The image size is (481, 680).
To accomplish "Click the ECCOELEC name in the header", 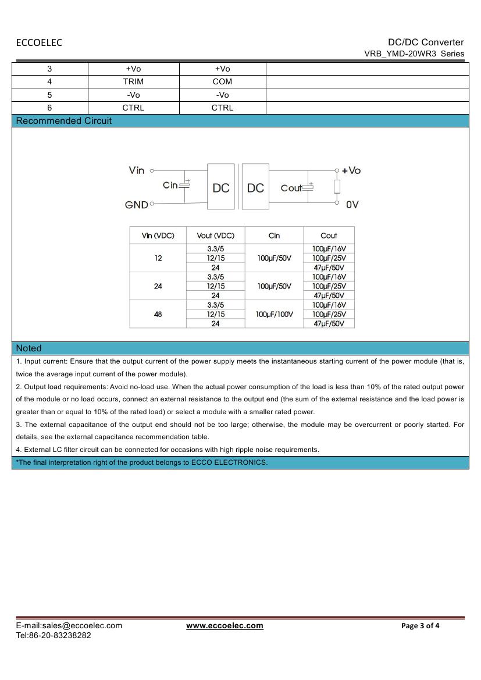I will (x=39, y=42).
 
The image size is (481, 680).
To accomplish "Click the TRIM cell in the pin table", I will (x=133, y=81).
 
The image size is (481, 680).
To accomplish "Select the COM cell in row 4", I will (x=222, y=81).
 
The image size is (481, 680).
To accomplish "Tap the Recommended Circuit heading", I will (x=64, y=121).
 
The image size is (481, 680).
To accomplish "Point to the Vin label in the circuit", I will (x=137, y=170).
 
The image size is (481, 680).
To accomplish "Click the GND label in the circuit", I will (x=137, y=205).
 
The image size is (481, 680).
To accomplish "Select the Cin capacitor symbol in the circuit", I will (x=185, y=185).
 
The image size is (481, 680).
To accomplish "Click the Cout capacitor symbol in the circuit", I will (x=310, y=187).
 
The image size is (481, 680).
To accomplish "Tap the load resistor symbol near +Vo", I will (x=337, y=186).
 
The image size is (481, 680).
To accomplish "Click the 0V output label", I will (x=352, y=205).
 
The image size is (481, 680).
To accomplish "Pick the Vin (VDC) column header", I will (x=158, y=236).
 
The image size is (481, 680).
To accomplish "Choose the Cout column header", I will (x=329, y=236).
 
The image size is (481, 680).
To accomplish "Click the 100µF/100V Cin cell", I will (x=274, y=314).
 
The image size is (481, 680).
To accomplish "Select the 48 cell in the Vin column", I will (x=158, y=314).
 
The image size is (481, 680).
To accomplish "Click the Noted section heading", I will (x=29, y=348).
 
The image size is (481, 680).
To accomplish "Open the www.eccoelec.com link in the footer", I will (x=225, y=626).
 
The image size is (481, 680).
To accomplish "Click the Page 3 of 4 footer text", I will (x=421, y=626).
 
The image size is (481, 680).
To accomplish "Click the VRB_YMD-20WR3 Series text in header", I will (x=414, y=54).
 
